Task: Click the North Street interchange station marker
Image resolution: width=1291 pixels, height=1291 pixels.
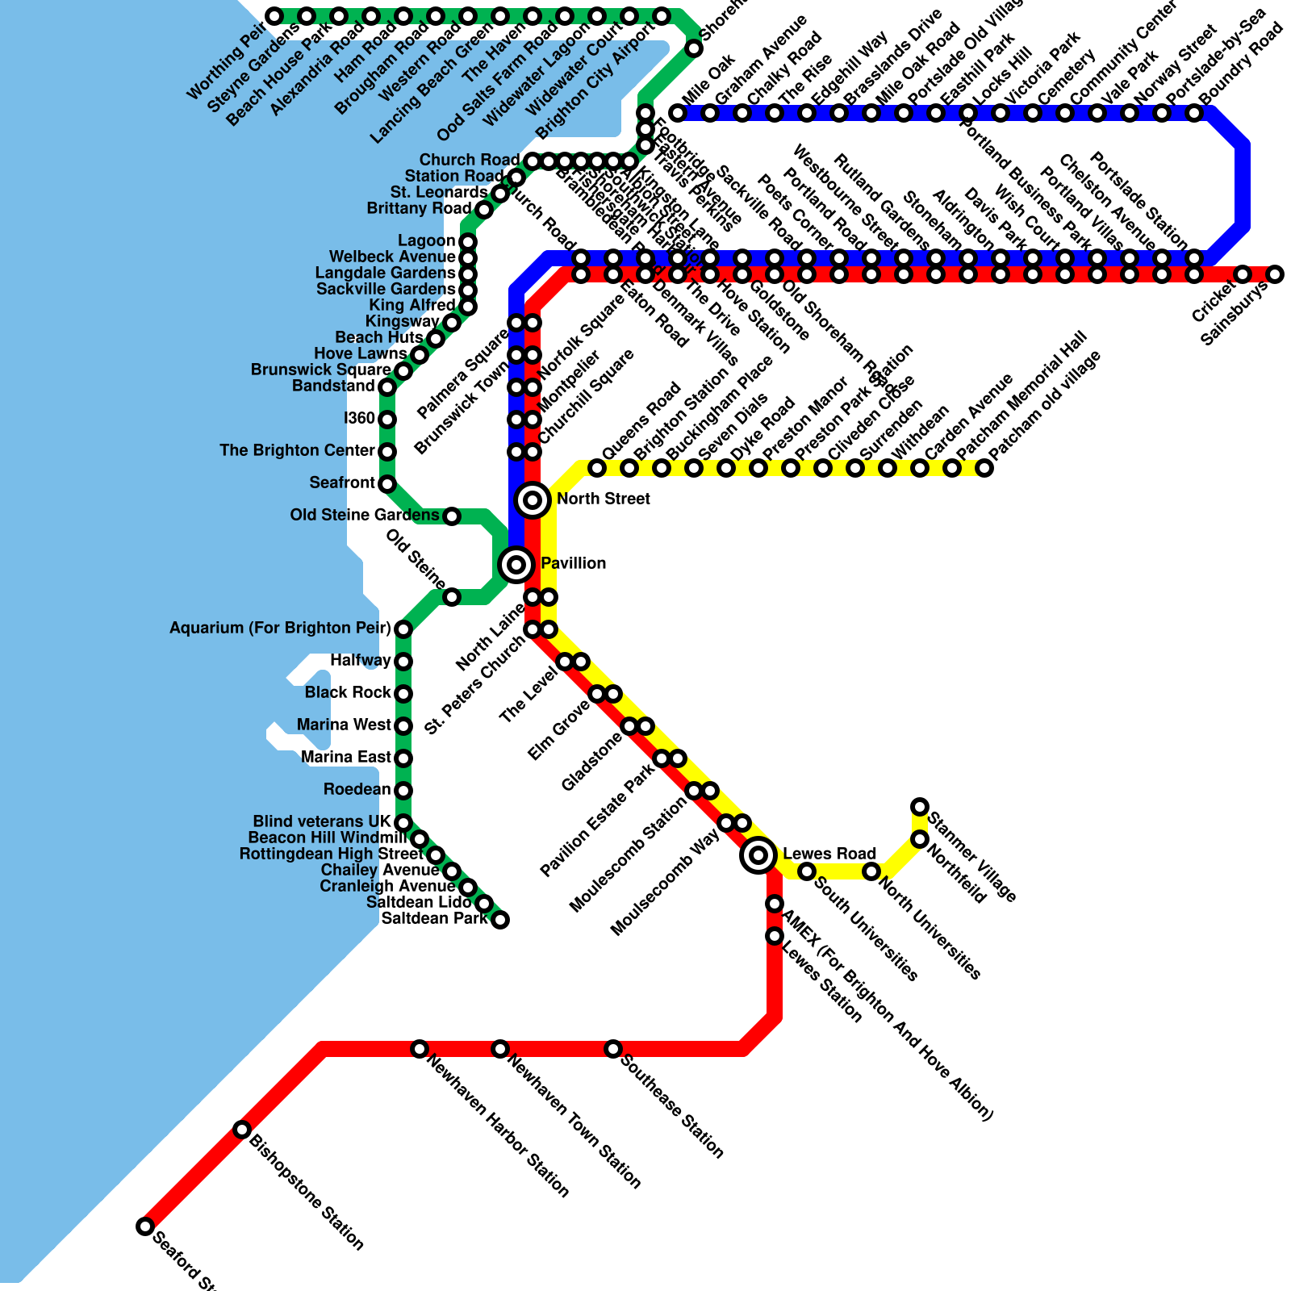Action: tap(533, 500)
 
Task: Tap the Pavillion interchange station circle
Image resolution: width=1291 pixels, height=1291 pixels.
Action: tap(516, 564)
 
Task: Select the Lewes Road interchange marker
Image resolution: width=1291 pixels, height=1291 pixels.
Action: tap(758, 854)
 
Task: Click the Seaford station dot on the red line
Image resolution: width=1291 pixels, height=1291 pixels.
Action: tap(145, 1226)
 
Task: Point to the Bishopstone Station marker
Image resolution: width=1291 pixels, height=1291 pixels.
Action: tap(242, 1130)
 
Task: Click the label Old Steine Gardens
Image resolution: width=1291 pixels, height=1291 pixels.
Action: tap(365, 516)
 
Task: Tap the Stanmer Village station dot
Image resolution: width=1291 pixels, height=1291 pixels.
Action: tap(920, 807)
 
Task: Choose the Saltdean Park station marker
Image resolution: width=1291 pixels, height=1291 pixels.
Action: tap(500, 920)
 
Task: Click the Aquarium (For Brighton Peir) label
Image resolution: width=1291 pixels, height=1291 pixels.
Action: tap(280, 629)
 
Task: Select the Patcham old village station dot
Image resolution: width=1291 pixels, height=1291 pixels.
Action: tap(984, 468)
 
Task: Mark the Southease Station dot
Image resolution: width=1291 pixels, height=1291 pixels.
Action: tap(613, 1049)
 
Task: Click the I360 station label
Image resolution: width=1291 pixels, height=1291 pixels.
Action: tap(359, 419)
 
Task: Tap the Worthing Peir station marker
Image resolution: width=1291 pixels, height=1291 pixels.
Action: tap(274, 16)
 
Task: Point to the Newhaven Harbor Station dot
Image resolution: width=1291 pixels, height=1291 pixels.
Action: tap(420, 1049)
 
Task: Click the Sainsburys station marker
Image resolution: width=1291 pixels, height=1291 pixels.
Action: tap(1275, 274)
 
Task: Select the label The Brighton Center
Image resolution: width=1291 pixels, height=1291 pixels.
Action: tap(297, 451)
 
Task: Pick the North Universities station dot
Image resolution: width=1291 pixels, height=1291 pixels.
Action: tap(871, 871)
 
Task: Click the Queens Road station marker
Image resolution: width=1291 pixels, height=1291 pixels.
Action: tap(597, 468)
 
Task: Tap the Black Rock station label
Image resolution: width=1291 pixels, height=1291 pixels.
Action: tap(348, 693)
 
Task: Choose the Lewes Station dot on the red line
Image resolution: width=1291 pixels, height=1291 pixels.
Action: tap(775, 936)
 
